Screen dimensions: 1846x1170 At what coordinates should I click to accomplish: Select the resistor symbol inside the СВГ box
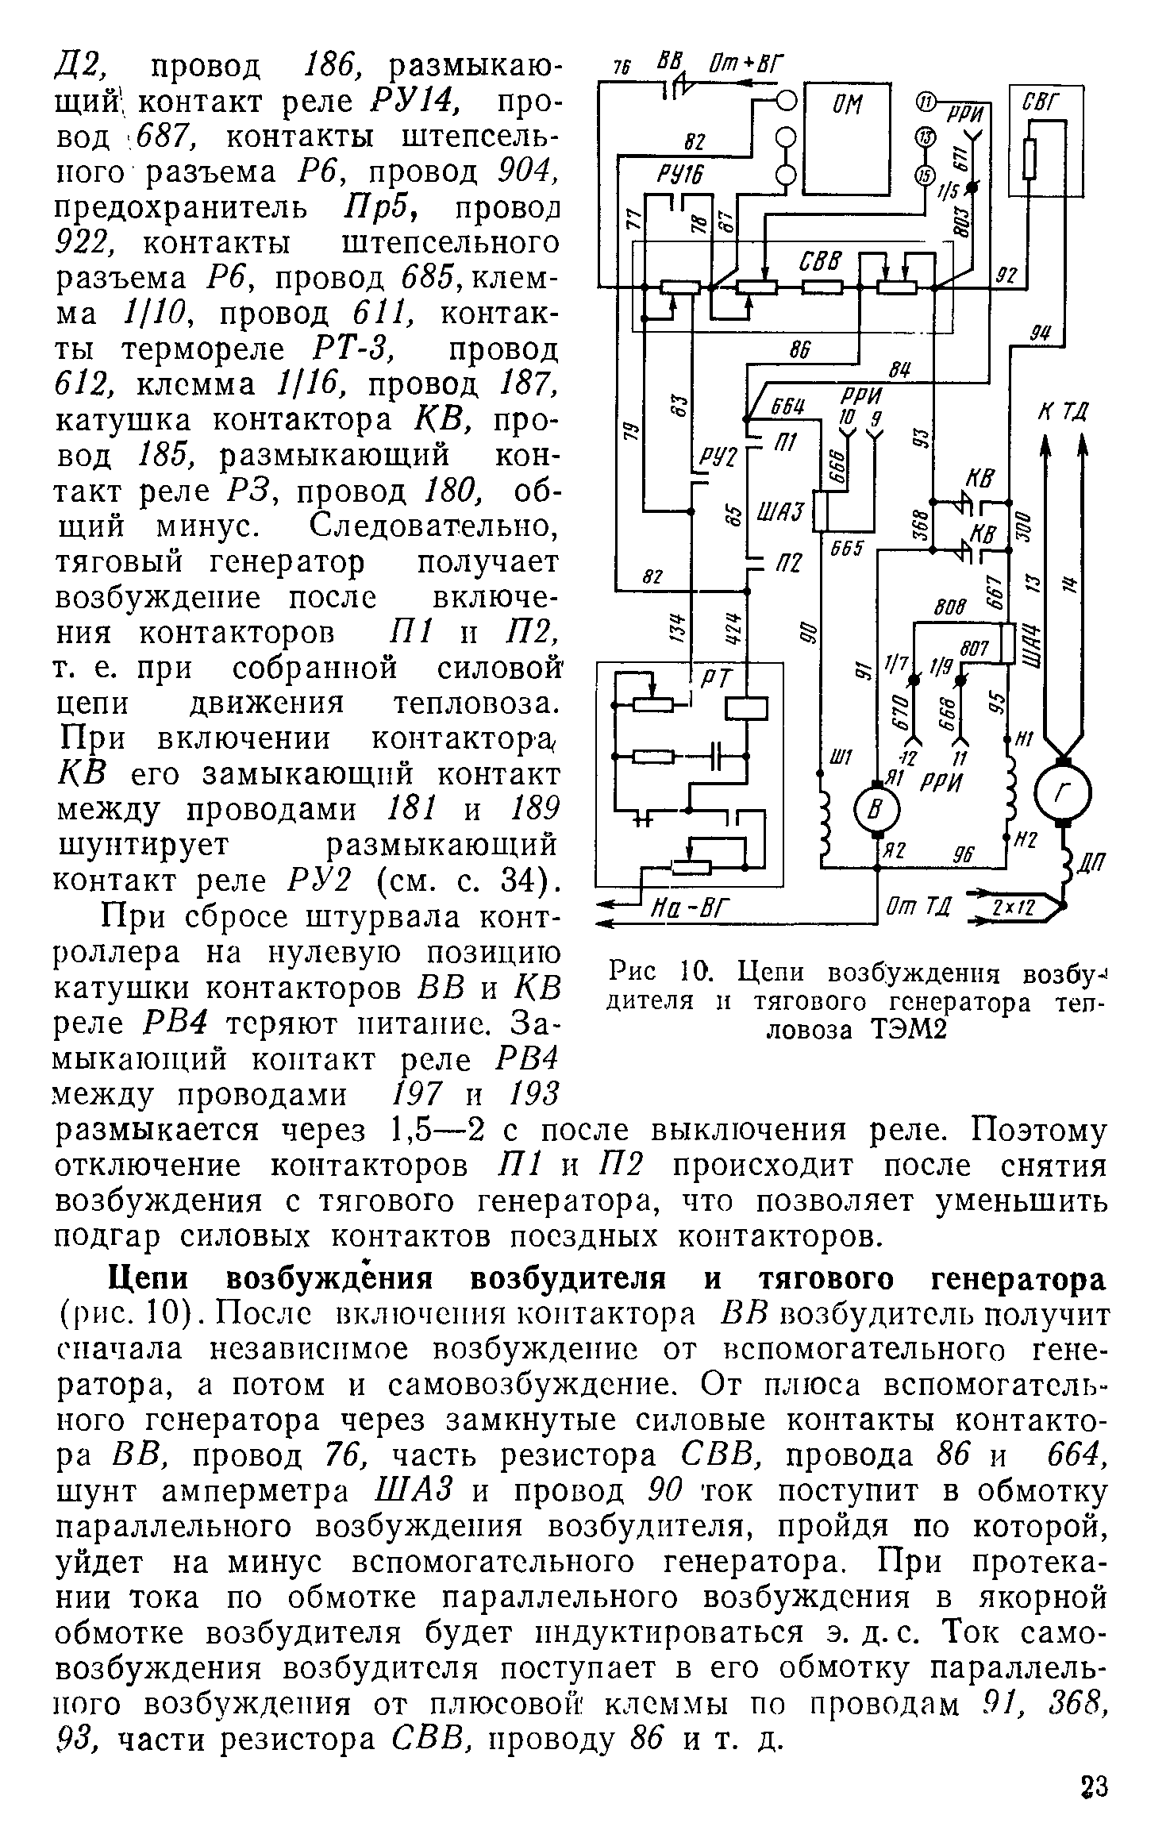tap(1030, 157)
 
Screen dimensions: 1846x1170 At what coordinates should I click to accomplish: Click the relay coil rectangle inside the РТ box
tap(746, 706)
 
